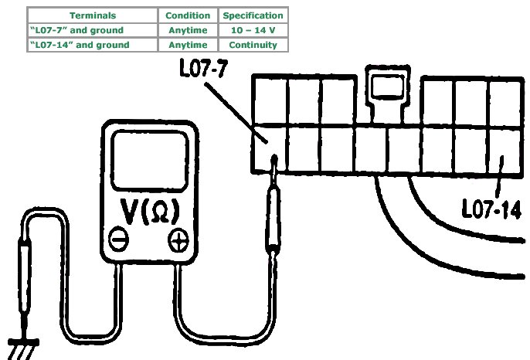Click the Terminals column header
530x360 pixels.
pyautogui.click(x=93, y=15)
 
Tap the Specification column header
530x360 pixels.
pyautogui.click(x=253, y=15)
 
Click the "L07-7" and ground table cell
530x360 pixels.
pyautogui.click(x=93, y=30)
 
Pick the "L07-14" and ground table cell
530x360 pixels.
pyautogui.click(x=93, y=45)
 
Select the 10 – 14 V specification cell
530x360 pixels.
pyautogui.click(x=253, y=30)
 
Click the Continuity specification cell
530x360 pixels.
pyautogui.click(x=253, y=45)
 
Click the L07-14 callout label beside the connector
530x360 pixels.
pyautogui.click(x=490, y=210)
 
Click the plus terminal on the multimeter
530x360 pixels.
pyautogui.click(x=178, y=240)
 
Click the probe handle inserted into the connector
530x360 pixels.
pyautogui.click(x=274, y=220)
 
